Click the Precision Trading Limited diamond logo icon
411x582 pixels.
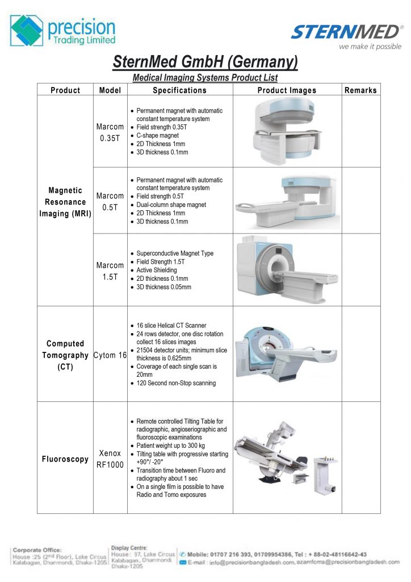pos(27,31)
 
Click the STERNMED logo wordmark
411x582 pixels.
pos(346,32)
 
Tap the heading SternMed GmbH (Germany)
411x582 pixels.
pos(205,61)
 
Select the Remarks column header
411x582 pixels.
pos(360,90)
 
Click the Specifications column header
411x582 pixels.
pos(179,90)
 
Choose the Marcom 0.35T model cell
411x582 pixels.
pos(110,132)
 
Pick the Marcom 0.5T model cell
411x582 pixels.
pos(110,201)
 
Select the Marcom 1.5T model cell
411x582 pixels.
pos(110,271)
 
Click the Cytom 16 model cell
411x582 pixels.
pos(110,355)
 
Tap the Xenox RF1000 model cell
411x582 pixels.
pos(110,458)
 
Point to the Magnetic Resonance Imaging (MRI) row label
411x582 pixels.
pos(65,202)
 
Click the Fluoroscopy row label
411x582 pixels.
pos(65,459)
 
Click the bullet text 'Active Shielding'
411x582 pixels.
pos(157,271)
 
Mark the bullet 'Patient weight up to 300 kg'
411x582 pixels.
pos(171,446)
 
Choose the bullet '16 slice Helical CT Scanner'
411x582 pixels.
pos(171,326)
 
